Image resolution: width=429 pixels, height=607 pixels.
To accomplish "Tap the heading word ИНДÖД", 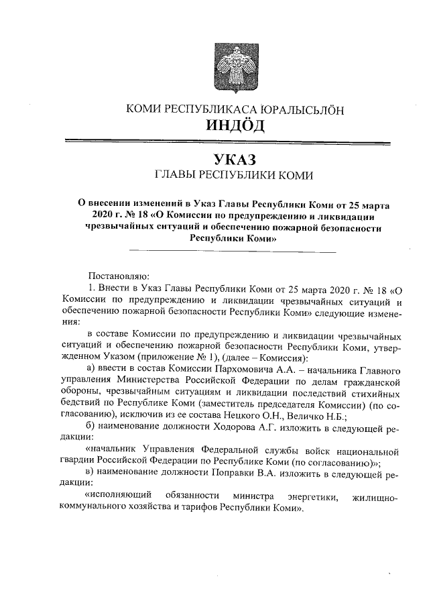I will (235, 125).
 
